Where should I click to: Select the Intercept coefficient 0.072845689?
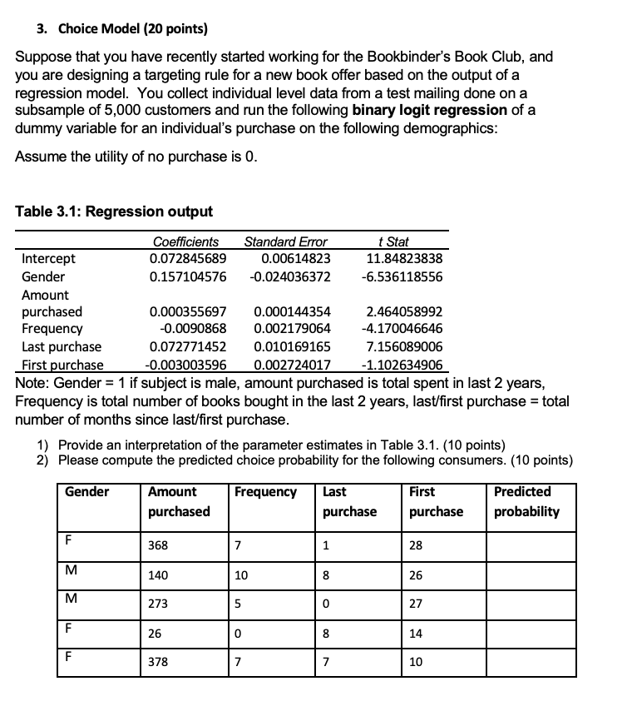coord(187,259)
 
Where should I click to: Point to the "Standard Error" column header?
coord(285,242)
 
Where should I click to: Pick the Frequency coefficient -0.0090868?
coord(193,328)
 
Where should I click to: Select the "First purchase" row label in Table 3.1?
coord(62,365)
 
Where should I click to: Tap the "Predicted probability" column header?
coord(526,501)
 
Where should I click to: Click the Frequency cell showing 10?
coord(241,575)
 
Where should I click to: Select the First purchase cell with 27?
coord(416,604)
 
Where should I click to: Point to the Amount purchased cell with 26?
coord(155,634)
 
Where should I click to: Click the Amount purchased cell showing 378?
coord(158,663)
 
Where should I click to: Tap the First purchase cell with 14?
coord(416,634)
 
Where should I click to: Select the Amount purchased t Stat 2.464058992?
coord(404,311)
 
